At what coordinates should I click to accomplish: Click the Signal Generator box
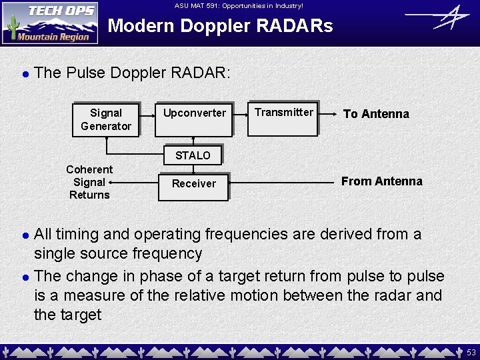point(106,119)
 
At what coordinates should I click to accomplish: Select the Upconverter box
point(195,113)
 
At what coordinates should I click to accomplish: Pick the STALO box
point(193,155)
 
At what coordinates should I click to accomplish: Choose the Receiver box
point(194,184)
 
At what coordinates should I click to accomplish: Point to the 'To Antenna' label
point(376,114)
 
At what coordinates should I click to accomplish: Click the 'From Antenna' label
point(381,181)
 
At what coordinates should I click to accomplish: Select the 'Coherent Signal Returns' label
point(89,182)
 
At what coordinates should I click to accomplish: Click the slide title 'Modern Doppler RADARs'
point(220,27)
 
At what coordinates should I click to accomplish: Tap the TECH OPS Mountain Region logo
point(50,23)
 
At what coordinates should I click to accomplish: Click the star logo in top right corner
point(437,17)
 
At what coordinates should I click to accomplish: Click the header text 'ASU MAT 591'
point(239,6)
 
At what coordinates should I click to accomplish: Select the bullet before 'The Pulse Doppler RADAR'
point(25,73)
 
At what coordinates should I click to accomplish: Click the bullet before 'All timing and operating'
point(25,235)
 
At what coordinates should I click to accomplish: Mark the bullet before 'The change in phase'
point(25,276)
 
